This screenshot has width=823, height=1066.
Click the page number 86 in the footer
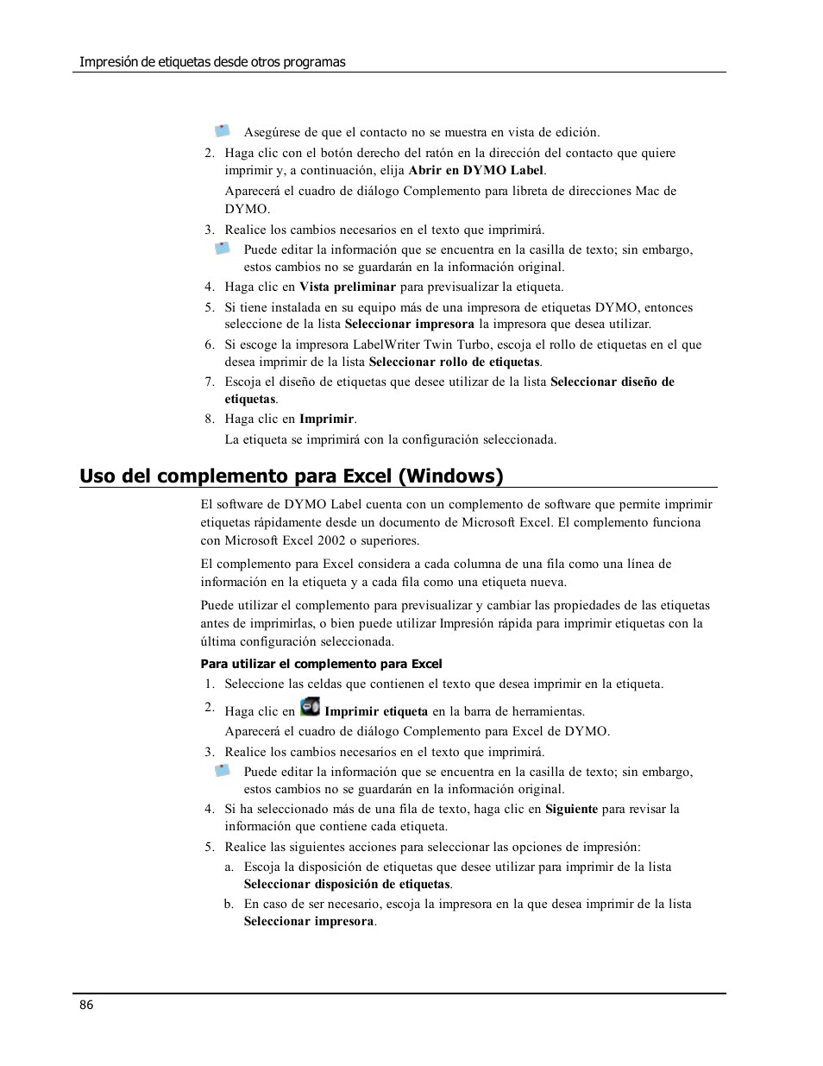click(85, 1005)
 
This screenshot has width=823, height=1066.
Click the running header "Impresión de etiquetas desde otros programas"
click(212, 62)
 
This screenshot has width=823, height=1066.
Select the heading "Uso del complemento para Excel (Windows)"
click(292, 476)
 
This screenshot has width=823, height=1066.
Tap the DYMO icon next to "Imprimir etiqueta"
click(310, 707)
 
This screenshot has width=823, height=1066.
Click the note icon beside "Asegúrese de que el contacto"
click(223, 130)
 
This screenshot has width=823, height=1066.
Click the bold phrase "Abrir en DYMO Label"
click(475, 170)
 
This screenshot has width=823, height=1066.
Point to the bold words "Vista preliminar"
click(348, 287)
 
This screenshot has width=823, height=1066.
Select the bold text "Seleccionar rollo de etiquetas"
click(454, 362)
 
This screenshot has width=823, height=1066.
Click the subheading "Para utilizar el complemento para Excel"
click(321, 664)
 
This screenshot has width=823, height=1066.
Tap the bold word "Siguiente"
click(571, 809)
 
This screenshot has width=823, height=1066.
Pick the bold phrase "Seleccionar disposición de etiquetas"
click(347, 884)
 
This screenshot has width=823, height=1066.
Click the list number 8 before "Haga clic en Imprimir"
click(209, 419)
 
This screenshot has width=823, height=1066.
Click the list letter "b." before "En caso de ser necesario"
click(229, 904)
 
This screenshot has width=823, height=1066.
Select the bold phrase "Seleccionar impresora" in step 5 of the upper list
click(409, 324)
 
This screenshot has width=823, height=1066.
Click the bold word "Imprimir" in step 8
click(326, 419)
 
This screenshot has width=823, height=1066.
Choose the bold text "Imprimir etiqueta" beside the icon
click(376, 711)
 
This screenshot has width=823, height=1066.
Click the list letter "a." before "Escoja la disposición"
click(229, 867)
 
